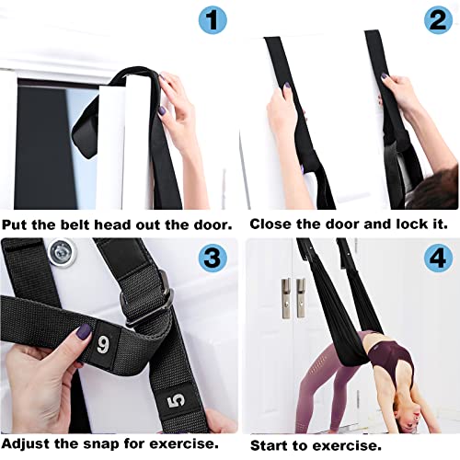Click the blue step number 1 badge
[x=213, y=19]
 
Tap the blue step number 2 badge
[x=438, y=19]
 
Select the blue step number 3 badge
[x=213, y=257]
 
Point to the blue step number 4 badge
[x=438, y=258]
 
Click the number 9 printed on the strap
[x=103, y=344]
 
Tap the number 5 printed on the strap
[x=177, y=401]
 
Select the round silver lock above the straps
[x=63, y=253]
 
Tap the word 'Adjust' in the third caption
[x=26, y=443]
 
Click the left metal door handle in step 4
[x=286, y=298]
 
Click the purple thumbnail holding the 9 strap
[x=84, y=331]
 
